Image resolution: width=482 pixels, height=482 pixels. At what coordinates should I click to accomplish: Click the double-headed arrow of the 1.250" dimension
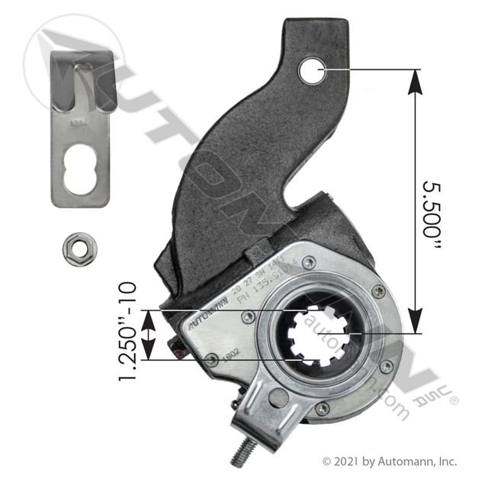click(149, 334)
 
